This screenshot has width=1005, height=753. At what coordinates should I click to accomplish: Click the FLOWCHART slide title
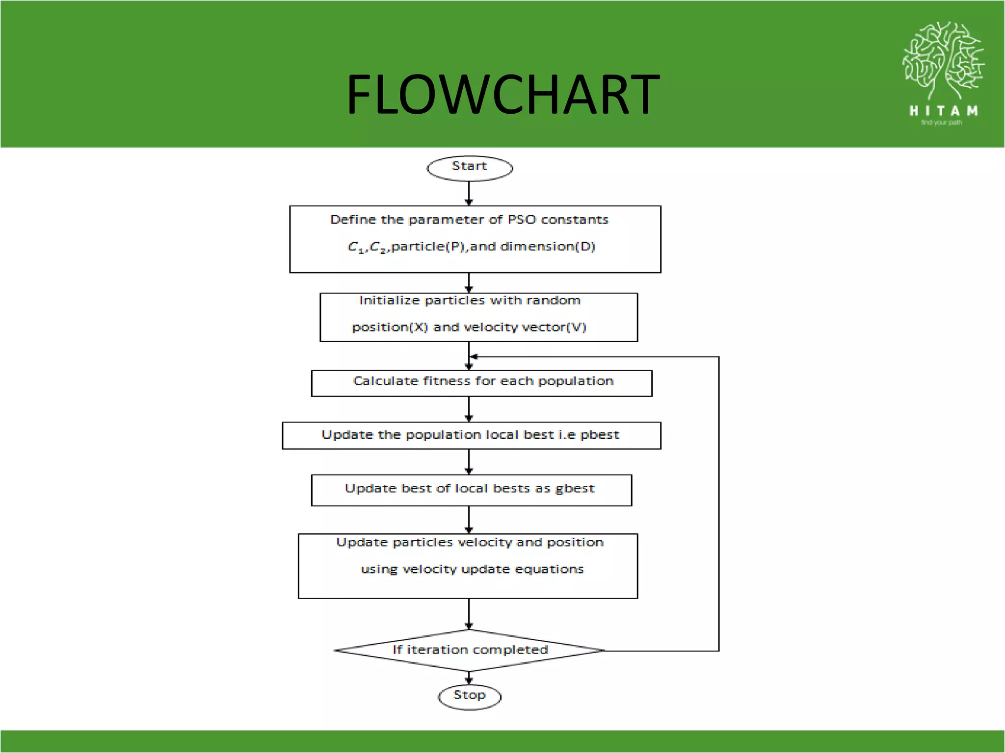click(502, 94)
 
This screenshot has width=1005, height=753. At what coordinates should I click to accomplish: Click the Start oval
click(470, 168)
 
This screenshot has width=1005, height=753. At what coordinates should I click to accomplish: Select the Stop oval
click(470, 696)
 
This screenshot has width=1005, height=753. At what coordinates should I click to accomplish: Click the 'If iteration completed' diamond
click(470, 650)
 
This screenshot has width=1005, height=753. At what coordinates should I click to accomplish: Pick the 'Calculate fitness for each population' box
click(482, 383)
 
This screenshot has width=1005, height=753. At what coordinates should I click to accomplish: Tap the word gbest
click(575, 489)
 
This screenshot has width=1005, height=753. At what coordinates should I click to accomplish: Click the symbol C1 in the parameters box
click(355, 247)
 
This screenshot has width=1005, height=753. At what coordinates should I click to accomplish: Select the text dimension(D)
click(548, 247)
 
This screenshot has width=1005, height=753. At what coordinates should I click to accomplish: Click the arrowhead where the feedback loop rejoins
click(474, 357)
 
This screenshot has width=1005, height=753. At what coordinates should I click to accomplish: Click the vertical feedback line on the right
click(719, 505)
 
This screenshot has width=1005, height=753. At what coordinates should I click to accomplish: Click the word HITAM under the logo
click(943, 111)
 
